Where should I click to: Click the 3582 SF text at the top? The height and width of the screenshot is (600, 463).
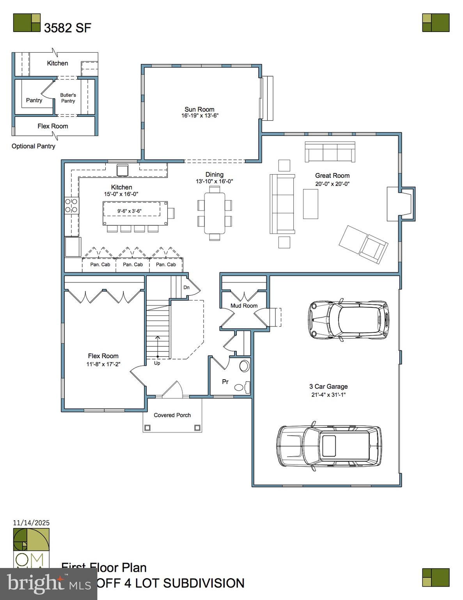click(x=67, y=28)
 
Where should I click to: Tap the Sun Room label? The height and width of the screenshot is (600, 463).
click(x=199, y=109)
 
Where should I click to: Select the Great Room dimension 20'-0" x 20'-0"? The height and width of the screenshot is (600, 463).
click(x=332, y=184)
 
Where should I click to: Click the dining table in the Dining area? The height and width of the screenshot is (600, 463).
click(x=215, y=213)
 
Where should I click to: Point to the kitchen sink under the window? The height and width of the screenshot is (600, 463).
click(x=122, y=170)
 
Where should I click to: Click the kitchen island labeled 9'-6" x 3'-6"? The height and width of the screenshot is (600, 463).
click(x=135, y=213)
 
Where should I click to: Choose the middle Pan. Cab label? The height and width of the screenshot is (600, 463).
click(x=133, y=264)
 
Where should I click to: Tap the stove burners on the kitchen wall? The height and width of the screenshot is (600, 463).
click(x=71, y=205)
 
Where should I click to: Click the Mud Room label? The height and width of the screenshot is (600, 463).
click(x=244, y=305)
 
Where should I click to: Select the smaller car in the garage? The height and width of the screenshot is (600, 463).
click(x=348, y=319)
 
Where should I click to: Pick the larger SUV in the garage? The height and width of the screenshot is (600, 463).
click(x=329, y=446)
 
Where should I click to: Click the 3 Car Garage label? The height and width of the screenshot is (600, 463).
click(x=328, y=386)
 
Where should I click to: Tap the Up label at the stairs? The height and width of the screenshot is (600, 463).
click(x=157, y=363)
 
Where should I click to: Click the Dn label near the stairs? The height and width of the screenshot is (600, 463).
click(x=186, y=287)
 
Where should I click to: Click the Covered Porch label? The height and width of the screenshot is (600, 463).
click(x=172, y=415)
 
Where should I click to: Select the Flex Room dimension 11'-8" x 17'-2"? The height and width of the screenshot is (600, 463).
click(x=103, y=364)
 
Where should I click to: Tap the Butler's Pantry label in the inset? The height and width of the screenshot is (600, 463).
click(x=68, y=98)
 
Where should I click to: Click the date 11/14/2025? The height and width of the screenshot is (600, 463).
click(x=31, y=523)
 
